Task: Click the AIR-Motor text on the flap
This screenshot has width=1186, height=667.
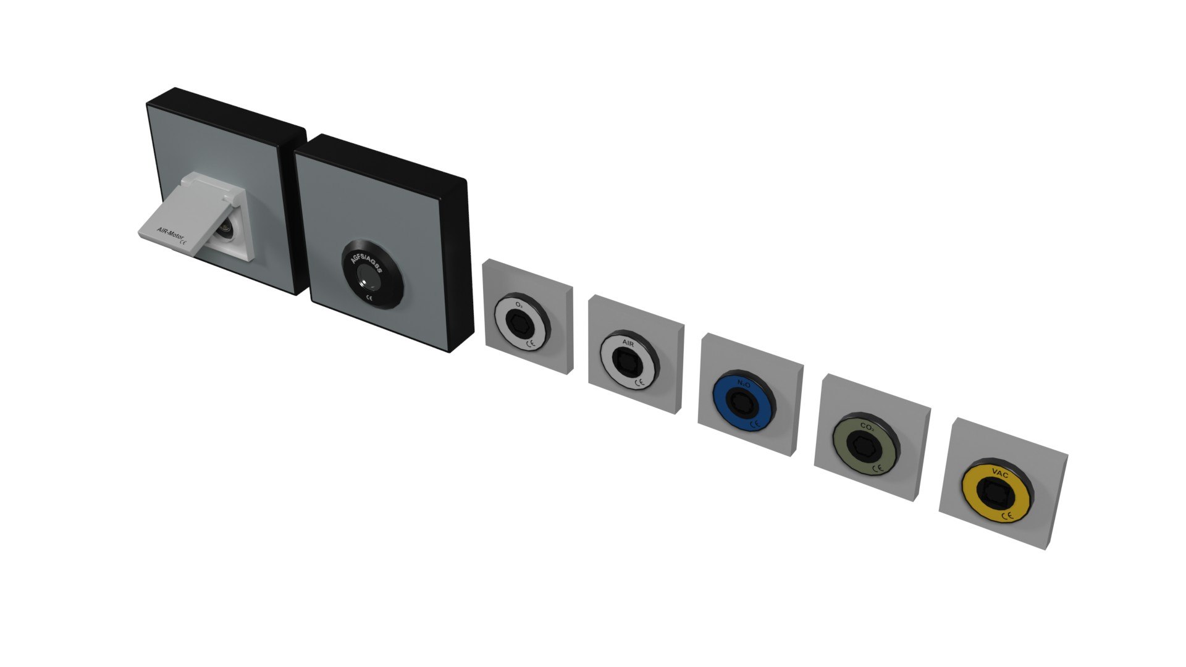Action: point(169,235)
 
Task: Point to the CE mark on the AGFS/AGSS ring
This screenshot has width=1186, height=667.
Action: point(369,298)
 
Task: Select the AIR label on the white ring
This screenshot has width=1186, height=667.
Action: point(628,343)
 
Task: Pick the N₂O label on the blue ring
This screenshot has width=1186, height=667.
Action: point(744,385)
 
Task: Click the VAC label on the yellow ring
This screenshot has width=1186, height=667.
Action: point(999,474)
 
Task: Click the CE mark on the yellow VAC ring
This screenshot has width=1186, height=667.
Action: point(1006,516)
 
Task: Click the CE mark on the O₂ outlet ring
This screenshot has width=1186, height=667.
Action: point(529,343)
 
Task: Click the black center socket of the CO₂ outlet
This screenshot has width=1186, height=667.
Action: point(864,445)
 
